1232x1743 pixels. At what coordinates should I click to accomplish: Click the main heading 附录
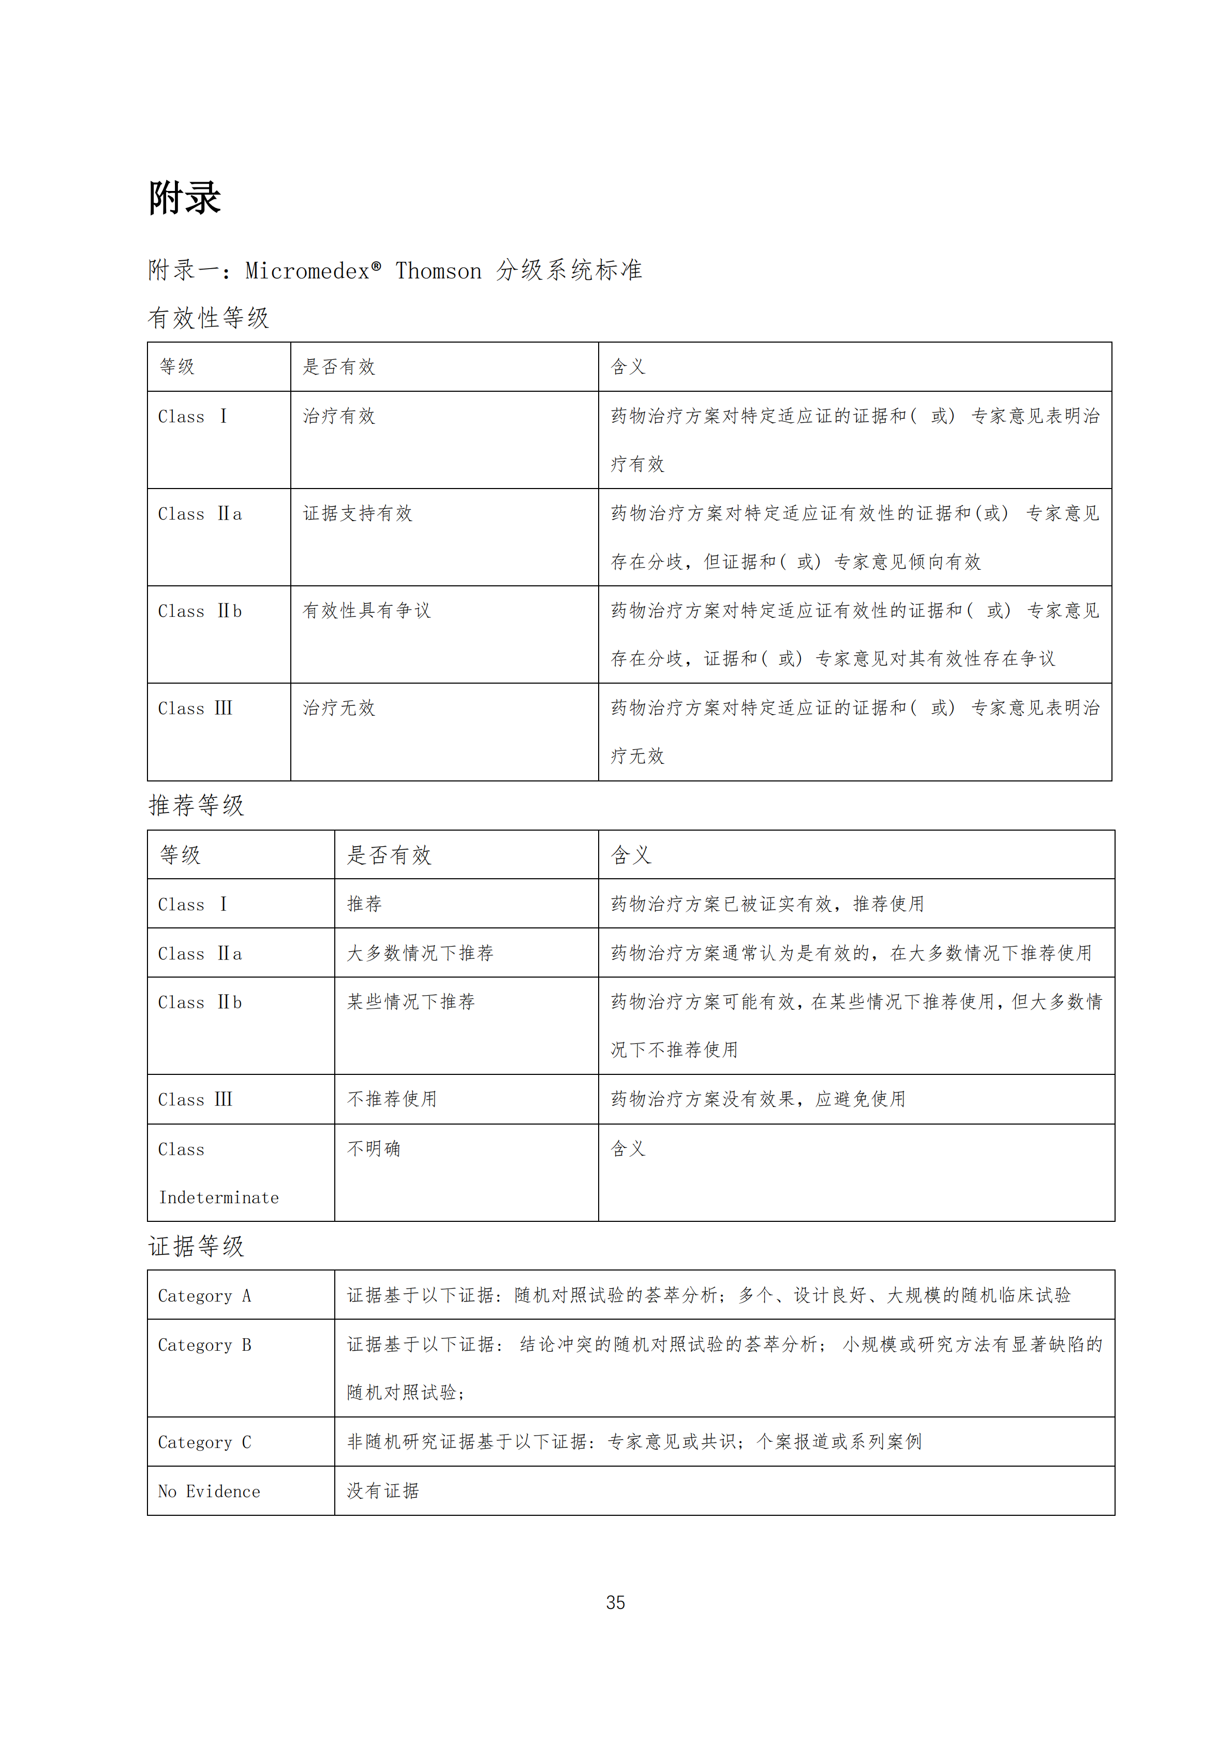pos(184,198)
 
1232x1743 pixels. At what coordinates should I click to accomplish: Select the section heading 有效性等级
pos(208,318)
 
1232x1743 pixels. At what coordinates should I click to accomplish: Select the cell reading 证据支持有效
pos(357,514)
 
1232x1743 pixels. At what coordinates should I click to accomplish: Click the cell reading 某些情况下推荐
pos(411,1002)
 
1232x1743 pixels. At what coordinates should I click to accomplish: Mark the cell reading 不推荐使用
pos(392,1099)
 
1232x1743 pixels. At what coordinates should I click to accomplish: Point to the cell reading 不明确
pos(374,1148)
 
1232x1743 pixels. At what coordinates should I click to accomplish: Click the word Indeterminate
pos(219,1198)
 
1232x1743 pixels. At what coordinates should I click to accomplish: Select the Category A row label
pos(204,1296)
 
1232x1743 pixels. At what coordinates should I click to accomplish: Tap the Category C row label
pos(204,1442)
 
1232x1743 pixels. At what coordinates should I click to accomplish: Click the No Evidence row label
pos(209,1491)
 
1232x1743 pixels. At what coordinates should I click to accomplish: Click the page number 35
pos(616,1603)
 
